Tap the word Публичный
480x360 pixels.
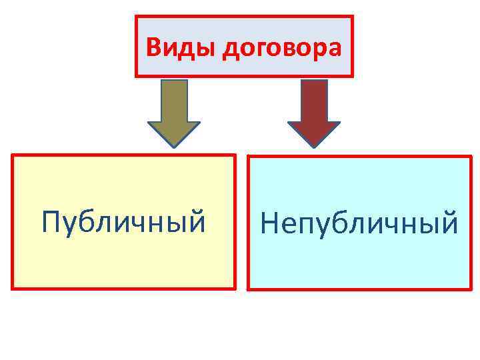click(123, 221)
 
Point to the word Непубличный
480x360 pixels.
click(359, 223)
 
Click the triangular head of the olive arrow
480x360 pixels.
click(173, 132)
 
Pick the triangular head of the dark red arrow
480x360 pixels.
click(313, 132)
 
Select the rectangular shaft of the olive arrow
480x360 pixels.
click(173, 101)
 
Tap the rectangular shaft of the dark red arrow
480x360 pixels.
click(314, 101)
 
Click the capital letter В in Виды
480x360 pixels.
click(153, 47)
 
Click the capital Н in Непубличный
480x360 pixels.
click(271, 223)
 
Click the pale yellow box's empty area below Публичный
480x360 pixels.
click(123, 263)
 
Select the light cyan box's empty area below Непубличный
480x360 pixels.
click(359, 265)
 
